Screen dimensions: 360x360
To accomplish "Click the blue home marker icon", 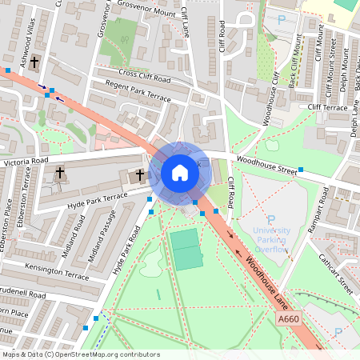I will click(x=180, y=172).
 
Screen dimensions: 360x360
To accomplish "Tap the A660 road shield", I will click(x=289, y=319).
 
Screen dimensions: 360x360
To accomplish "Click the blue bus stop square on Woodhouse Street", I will click(x=301, y=170).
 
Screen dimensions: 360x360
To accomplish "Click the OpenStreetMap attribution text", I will click(x=82, y=354).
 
